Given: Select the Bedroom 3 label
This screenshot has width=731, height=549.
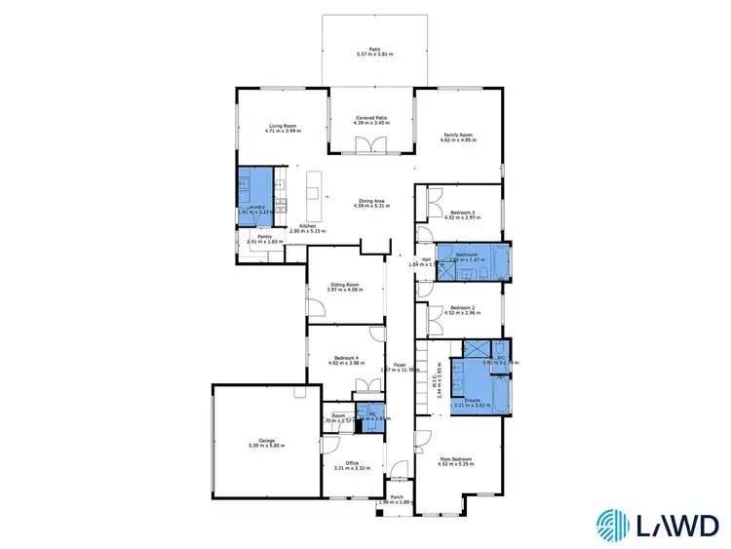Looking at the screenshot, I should click(463, 214).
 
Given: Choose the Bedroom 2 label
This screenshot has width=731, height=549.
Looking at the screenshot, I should click(463, 307).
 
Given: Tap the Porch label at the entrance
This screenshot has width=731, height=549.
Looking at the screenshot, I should click(397, 497).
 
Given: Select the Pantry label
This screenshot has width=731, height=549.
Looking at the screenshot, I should click(263, 236).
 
